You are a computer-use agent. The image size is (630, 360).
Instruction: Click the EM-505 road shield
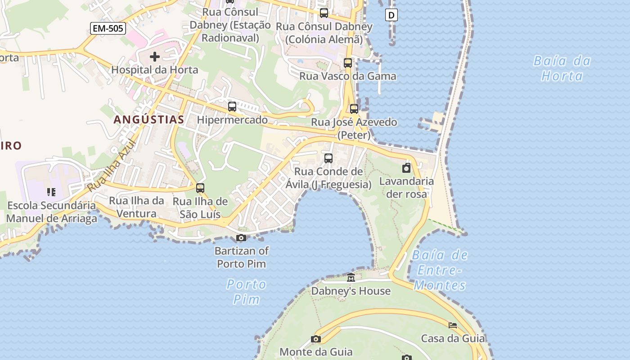point(108,29)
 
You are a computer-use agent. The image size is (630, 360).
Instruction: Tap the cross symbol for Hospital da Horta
point(154,57)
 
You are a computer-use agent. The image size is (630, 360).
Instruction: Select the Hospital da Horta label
point(154,70)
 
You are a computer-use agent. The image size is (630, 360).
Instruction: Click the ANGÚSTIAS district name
point(148,120)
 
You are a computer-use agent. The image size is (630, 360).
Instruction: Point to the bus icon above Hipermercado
point(232,107)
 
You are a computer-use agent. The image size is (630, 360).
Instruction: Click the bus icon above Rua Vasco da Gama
point(347,63)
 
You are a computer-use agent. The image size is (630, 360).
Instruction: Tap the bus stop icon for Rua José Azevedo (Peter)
point(354,108)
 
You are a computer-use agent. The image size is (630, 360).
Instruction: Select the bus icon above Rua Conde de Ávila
point(328,158)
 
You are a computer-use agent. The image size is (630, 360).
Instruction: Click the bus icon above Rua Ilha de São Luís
point(200,188)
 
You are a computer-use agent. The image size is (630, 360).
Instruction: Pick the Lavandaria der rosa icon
point(406,168)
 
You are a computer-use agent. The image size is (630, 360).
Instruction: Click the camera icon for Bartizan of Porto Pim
point(241,238)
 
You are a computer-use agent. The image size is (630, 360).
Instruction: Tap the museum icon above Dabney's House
point(351,278)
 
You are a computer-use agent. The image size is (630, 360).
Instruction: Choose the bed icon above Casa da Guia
point(453,325)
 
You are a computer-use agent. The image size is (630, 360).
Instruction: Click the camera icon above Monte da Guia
point(316,339)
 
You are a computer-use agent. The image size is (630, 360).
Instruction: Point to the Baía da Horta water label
point(562,68)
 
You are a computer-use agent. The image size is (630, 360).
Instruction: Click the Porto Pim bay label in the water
point(246,292)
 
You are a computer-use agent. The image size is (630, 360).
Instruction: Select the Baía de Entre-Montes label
point(440,270)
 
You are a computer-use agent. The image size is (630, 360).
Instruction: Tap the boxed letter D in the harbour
point(391,15)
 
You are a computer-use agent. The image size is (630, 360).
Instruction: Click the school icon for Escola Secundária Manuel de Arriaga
point(51,192)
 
